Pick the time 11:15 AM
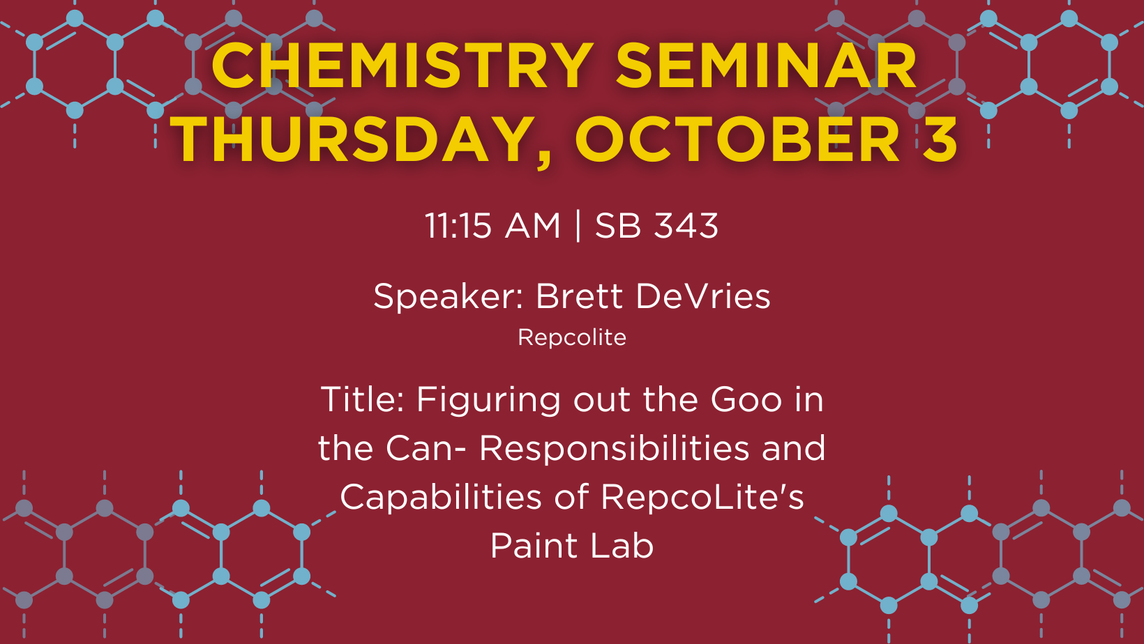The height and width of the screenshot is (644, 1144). tap(492, 226)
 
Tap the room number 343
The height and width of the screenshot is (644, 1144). tap(686, 226)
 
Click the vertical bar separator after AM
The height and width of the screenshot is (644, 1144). tap(578, 226)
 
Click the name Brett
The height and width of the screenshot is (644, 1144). tap(580, 296)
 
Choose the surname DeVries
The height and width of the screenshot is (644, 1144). tap(703, 296)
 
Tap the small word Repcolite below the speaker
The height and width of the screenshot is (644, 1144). tap(572, 337)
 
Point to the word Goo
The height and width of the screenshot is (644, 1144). tap(746, 399)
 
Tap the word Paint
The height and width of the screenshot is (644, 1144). tap(534, 546)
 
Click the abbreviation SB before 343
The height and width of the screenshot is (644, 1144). tap(618, 226)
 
